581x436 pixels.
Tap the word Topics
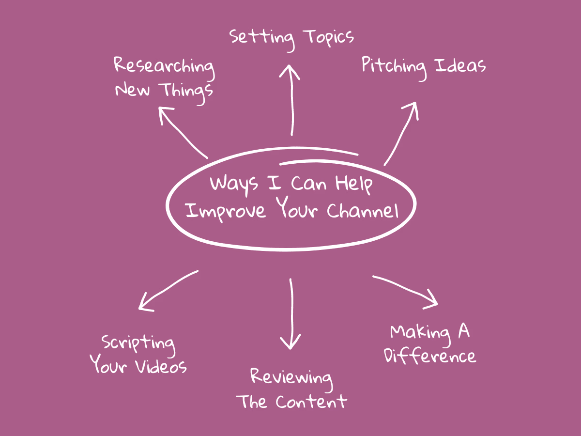pos(329,38)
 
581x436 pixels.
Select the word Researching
pos(164,67)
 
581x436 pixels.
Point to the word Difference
pos(430,356)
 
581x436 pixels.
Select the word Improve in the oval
pos(226,212)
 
